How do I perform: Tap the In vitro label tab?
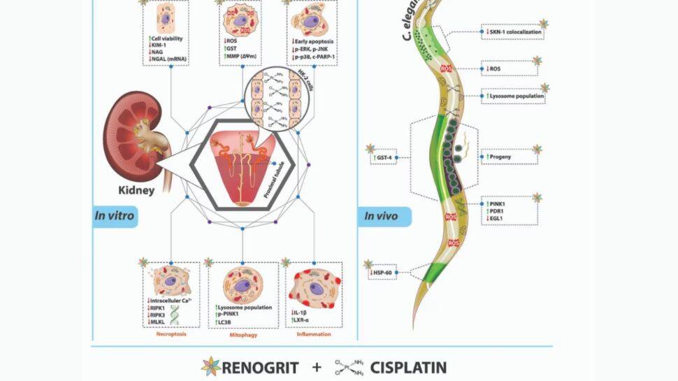[x=115, y=217]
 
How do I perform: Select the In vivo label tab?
[x=384, y=217]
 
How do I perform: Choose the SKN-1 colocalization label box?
[x=511, y=31]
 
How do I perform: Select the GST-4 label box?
[x=384, y=158]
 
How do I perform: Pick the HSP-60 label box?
[x=382, y=272]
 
